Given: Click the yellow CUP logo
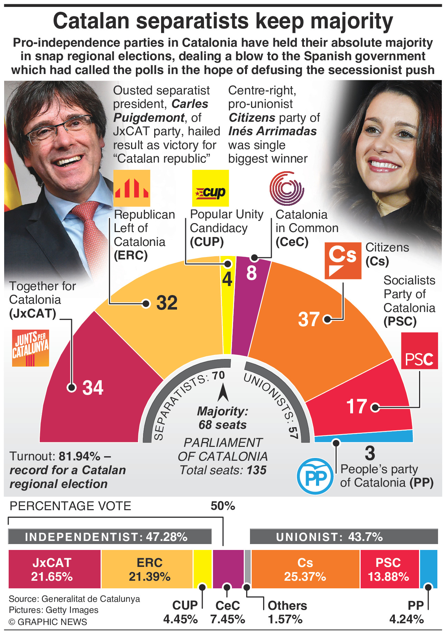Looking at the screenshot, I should point(210,188).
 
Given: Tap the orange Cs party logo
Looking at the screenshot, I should point(343,261).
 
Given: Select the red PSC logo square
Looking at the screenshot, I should point(419,351).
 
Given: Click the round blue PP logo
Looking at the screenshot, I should point(315,476).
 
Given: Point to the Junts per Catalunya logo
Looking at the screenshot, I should point(30,348).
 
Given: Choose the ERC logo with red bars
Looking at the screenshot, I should point(132,188).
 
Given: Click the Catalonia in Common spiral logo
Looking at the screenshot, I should point(287,189).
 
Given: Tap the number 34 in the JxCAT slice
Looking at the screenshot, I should point(93,388).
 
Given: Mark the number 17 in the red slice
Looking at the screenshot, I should point(356,406).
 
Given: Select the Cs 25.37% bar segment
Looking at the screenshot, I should point(305,569).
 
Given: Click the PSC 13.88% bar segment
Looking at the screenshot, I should point(389,569).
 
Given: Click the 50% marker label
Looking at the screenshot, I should point(223,506).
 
